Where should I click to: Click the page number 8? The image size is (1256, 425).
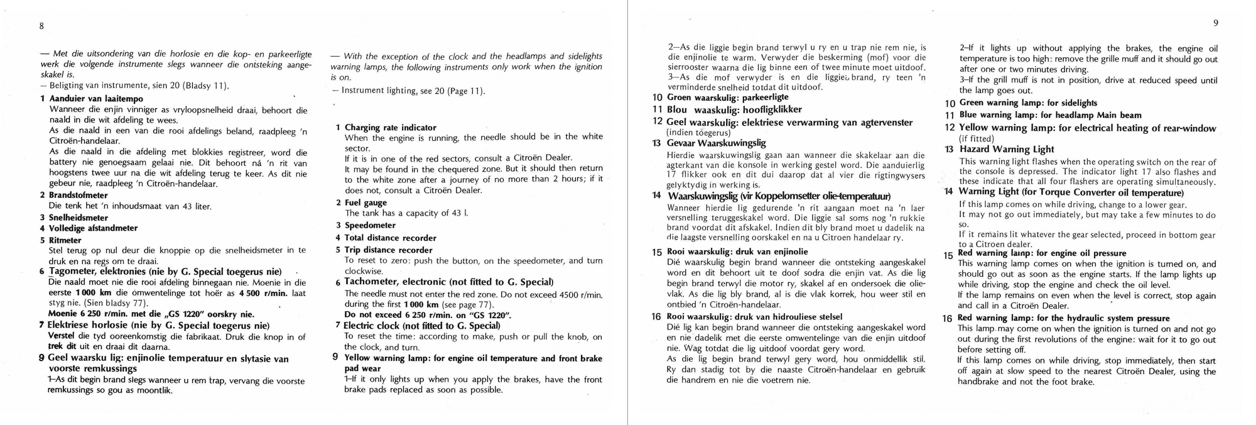[41, 26]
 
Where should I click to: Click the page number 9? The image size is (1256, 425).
[1216, 23]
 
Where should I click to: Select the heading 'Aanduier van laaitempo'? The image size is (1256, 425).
[96, 99]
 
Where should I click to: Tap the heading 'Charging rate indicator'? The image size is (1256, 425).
[390, 128]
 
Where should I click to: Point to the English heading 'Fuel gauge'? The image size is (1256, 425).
[365, 202]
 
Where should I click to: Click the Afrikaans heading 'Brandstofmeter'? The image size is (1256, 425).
[78, 195]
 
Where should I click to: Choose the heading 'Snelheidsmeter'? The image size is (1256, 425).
[78, 218]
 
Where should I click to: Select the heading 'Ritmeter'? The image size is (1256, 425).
[65, 240]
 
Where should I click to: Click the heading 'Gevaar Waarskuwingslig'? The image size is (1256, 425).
[716, 143]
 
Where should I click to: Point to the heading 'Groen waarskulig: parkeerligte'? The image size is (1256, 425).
[727, 97]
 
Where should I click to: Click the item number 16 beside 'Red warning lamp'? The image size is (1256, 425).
[948, 319]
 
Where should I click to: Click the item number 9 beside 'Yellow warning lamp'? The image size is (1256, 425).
[335, 357]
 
